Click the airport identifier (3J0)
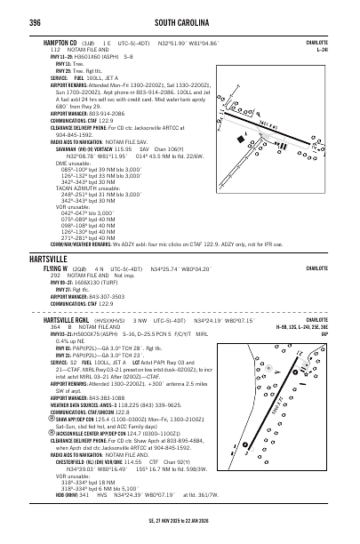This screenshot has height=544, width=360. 89,41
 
